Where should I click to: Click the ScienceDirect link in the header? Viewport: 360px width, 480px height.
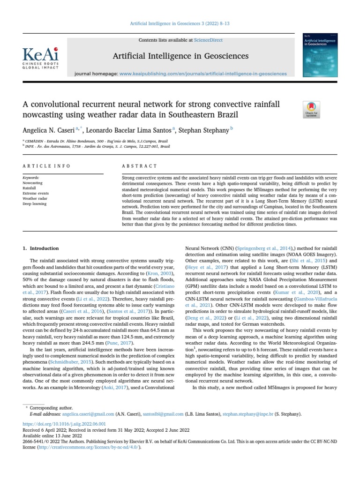click(209, 40)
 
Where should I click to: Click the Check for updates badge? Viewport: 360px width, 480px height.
click(313, 109)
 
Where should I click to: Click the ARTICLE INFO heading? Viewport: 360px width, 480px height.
click(46, 166)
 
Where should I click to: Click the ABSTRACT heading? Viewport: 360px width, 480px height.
click(139, 166)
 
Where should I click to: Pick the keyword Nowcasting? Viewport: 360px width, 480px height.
click(32, 183)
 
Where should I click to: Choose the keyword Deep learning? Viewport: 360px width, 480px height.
click(34, 204)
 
